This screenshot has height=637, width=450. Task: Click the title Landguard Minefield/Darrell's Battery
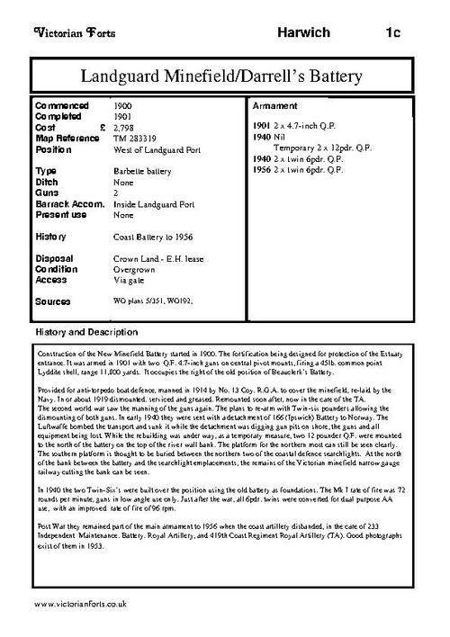225,73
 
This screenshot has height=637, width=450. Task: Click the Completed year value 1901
127,116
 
